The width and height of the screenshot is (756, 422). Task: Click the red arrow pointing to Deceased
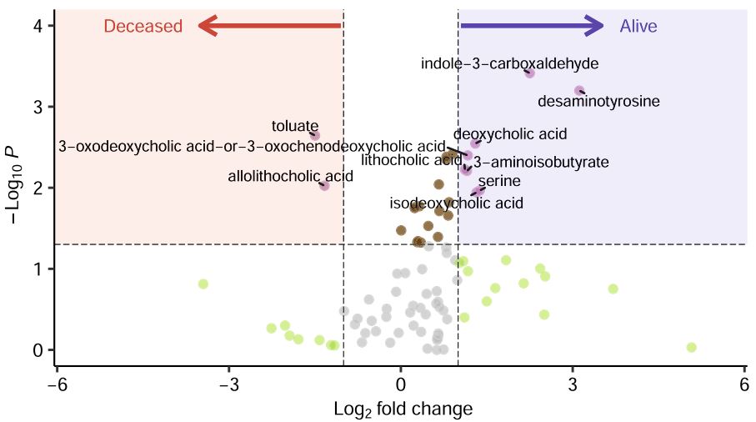(x=268, y=26)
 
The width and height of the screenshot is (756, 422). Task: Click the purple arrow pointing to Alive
(x=532, y=26)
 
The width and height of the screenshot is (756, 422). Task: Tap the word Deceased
(x=143, y=27)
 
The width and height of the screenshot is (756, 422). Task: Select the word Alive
(x=638, y=27)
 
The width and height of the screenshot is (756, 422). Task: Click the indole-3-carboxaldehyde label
(x=509, y=63)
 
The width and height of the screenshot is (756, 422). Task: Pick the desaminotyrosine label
(x=598, y=102)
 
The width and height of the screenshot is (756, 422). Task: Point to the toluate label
(x=295, y=127)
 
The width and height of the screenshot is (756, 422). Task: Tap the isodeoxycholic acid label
(x=456, y=203)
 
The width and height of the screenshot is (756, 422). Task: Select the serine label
(x=499, y=180)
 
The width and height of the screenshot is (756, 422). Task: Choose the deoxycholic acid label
(x=510, y=133)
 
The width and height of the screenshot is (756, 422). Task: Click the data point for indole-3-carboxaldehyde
(x=529, y=73)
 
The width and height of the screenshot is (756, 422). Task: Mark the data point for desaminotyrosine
(x=579, y=91)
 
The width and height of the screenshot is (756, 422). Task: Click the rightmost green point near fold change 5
(x=691, y=347)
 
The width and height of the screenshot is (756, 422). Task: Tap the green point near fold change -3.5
(x=203, y=284)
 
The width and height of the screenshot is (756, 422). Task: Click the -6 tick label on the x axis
(x=55, y=385)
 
